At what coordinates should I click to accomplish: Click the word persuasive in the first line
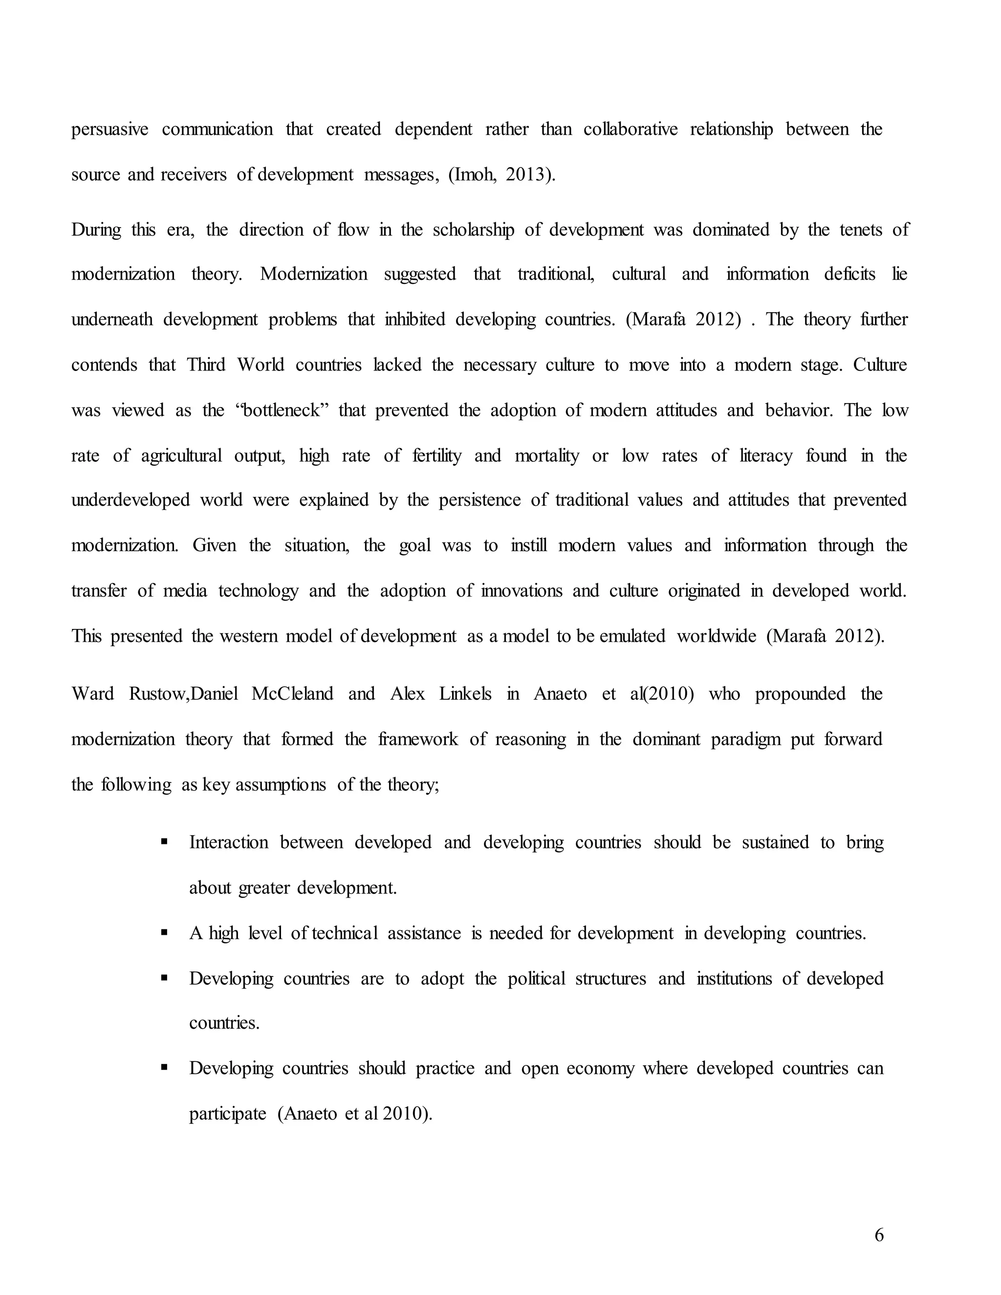pos(109,129)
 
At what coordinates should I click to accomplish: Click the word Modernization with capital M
pos(313,274)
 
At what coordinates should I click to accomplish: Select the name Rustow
pos(158,694)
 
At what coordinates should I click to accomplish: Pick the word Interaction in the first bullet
pos(228,842)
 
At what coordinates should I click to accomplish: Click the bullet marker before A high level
pos(164,933)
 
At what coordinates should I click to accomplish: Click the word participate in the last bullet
pos(227,1114)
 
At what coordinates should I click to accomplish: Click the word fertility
pos(436,455)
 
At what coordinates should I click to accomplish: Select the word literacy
pos(765,455)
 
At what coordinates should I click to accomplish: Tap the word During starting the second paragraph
pos(96,230)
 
